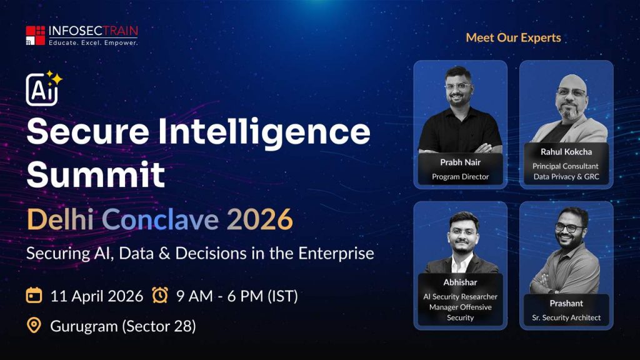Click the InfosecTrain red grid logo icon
click(x=36, y=36)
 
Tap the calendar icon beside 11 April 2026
click(x=34, y=295)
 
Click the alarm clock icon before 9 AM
click(x=160, y=295)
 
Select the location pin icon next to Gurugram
click(x=34, y=326)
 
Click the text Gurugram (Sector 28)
click(x=122, y=326)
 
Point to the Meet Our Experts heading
click(x=513, y=37)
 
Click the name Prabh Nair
click(x=460, y=162)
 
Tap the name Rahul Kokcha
click(x=566, y=152)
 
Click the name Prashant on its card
click(x=566, y=303)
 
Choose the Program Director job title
click(x=460, y=177)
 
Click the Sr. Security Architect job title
click(x=566, y=317)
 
